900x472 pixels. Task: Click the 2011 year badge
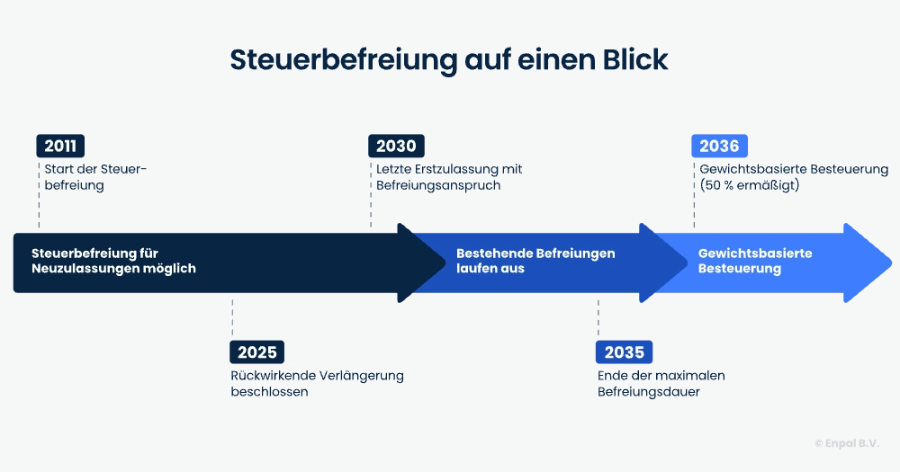[x=60, y=147]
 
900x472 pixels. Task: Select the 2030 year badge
[x=396, y=147]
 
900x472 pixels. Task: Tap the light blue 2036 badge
[x=719, y=147]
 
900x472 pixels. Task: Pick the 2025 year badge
[x=256, y=352]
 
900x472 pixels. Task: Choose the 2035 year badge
[x=624, y=352]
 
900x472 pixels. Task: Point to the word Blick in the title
[x=634, y=59]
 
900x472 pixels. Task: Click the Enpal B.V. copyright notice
[x=846, y=443]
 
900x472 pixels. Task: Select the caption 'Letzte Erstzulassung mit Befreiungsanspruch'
[x=449, y=177]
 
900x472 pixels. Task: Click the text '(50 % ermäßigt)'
[x=749, y=186]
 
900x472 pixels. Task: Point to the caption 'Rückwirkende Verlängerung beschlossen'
[x=317, y=384]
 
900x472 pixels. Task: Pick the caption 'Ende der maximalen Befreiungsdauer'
[x=661, y=384]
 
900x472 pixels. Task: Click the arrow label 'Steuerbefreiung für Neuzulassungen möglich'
[x=113, y=261]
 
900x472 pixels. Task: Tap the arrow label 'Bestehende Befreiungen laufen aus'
[x=535, y=261]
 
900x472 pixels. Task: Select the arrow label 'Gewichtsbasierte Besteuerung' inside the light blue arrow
[x=755, y=261]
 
